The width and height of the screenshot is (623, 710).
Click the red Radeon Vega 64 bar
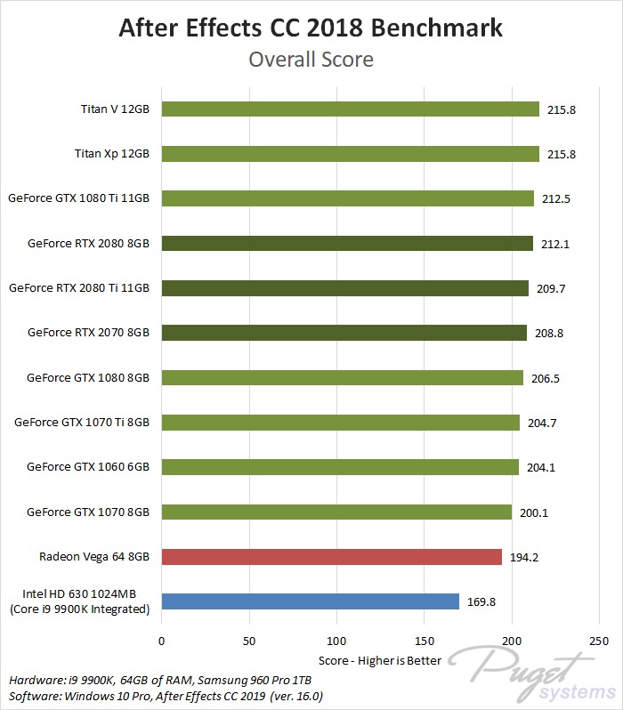click(x=331, y=557)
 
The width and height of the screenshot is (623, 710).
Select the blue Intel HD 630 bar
click(x=310, y=601)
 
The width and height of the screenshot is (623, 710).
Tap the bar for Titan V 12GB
click(x=350, y=109)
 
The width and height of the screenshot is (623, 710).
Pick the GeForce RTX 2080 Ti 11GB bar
click(x=344, y=288)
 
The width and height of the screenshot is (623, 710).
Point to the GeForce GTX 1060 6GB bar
click(x=340, y=467)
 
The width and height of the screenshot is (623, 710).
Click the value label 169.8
click(x=481, y=602)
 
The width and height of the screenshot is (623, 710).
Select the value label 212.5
click(x=556, y=198)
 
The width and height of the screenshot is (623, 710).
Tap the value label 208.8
click(x=548, y=333)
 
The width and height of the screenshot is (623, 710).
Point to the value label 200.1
click(x=534, y=512)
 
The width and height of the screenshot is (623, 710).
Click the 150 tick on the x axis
click(x=424, y=641)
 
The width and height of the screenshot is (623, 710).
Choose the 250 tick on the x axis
click(x=599, y=641)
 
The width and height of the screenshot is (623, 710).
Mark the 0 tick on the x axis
click(x=161, y=641)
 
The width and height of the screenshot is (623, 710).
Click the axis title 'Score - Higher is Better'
click(x=380, y=661)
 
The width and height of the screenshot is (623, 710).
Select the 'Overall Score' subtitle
click(x=311, y=60)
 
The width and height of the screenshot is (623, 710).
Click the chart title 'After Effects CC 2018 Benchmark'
click(x=311, y=28)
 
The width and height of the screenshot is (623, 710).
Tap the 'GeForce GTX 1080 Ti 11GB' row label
click(x=78, y=198)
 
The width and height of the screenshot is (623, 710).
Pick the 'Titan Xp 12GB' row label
click(x=111, y=154)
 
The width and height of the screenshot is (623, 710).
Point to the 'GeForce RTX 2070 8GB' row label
click(x=88, y=333)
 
